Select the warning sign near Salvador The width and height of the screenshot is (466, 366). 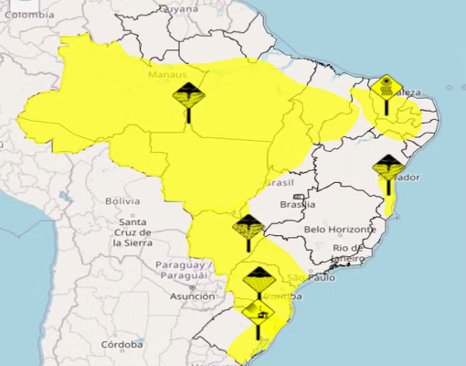point(389,169)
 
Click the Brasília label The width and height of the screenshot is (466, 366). point(298,206)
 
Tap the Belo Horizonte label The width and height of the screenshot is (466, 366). point(340,229)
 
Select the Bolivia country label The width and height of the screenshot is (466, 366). point(122,200)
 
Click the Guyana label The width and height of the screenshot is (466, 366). point(179,8)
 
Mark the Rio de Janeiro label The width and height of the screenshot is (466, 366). point(350,253)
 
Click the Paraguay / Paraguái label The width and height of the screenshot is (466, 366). point(186,270)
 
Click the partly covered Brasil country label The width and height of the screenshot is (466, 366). point(279,183)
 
